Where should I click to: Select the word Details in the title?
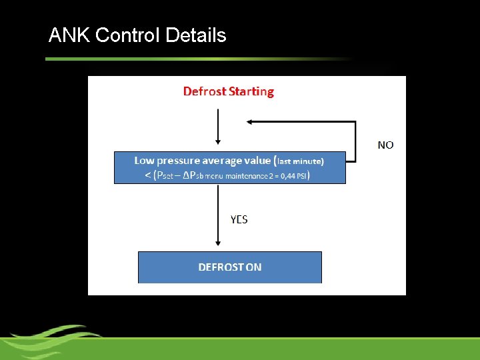point(196,35)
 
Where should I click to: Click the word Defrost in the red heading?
point(205,91)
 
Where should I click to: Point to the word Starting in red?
point(251,91)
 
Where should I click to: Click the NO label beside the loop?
point(385,145)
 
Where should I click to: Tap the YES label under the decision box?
point(239,219)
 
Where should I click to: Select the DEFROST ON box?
point(229,267)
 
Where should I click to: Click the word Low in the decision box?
point(144,160)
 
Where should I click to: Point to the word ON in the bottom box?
point(253,267)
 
